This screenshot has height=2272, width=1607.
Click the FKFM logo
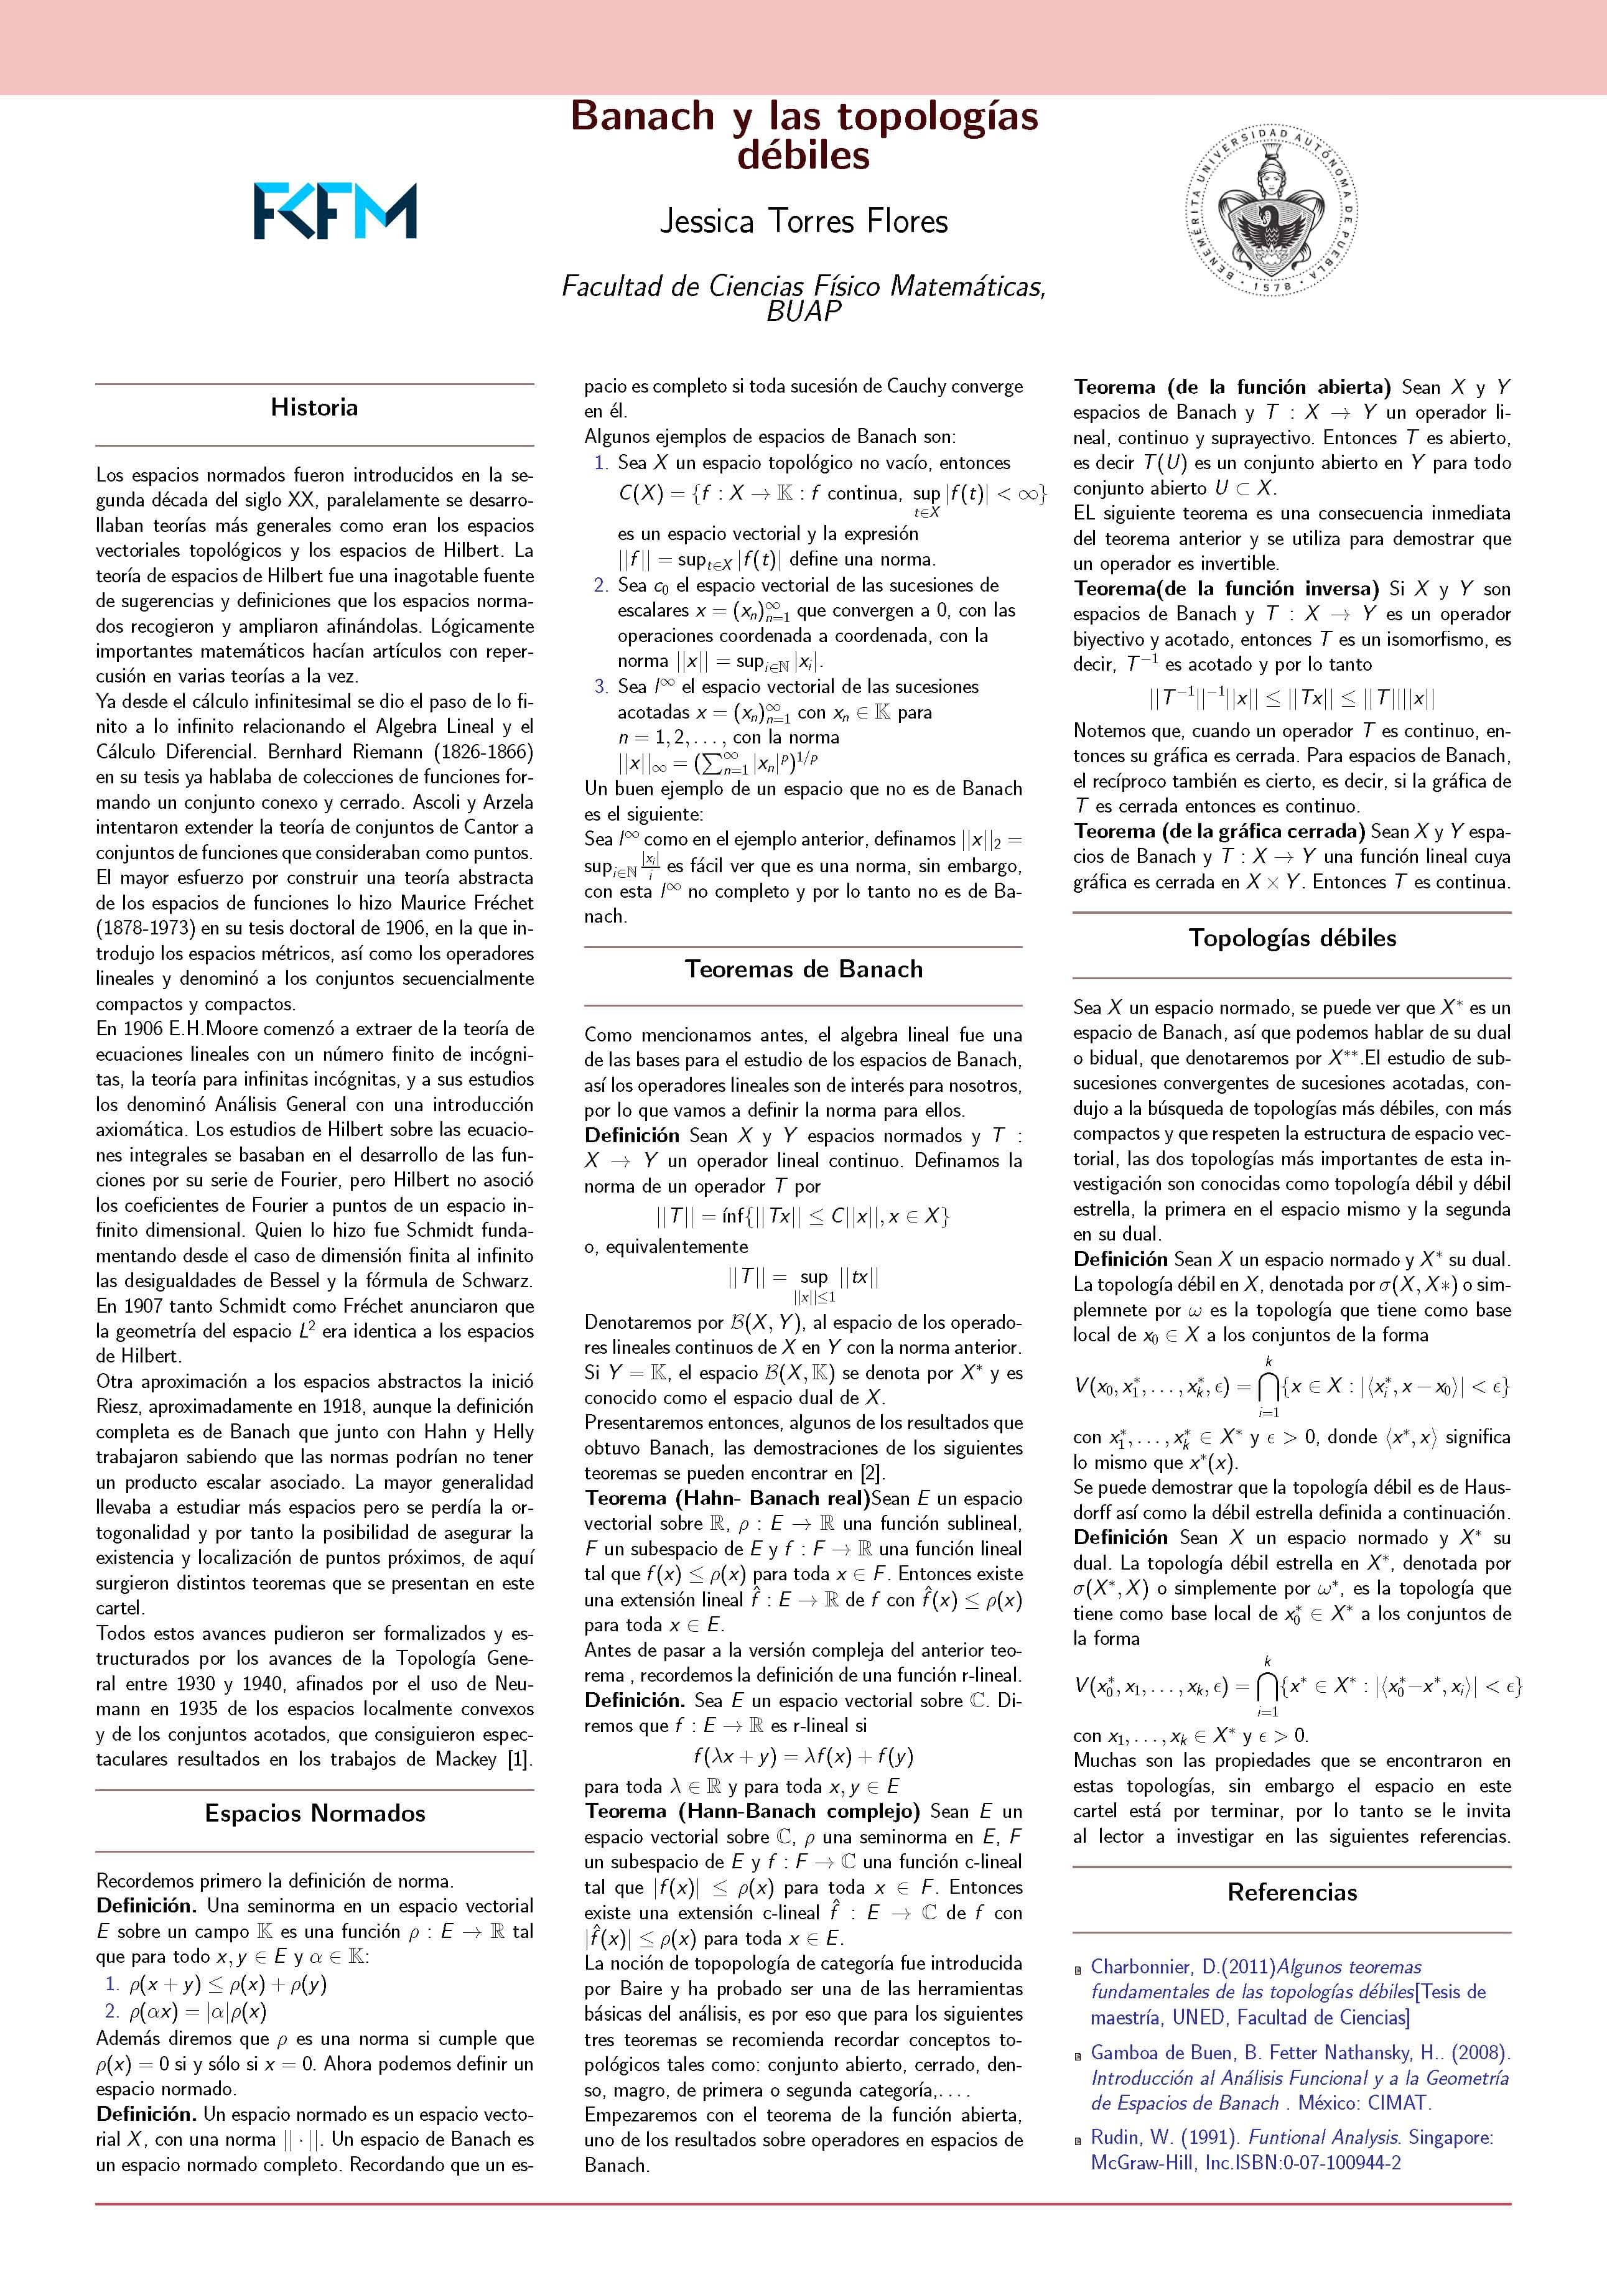coord(335,211)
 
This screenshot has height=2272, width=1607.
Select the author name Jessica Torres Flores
coord(804,221)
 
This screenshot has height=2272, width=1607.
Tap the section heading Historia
coord(314,407)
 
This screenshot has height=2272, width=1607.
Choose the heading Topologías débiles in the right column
coord(1292,938)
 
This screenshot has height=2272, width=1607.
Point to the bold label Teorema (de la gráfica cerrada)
coord(1219,831)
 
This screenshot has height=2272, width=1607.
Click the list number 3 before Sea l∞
coord(600,687)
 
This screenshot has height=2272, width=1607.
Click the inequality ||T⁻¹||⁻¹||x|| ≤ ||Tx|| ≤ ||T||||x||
coord(1292,699)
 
